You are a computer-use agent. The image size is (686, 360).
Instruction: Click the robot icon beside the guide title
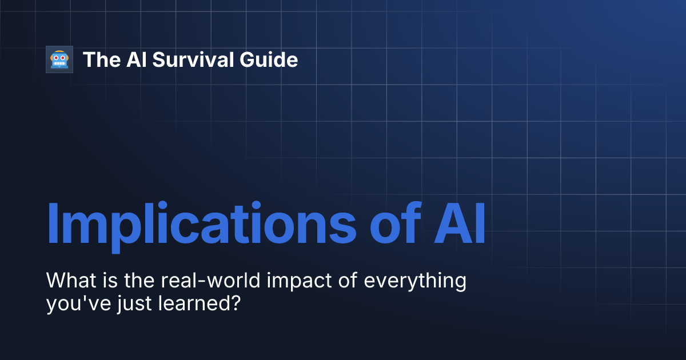[x=59, y=59]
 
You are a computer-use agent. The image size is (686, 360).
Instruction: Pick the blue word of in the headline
[x=390, y=223]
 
